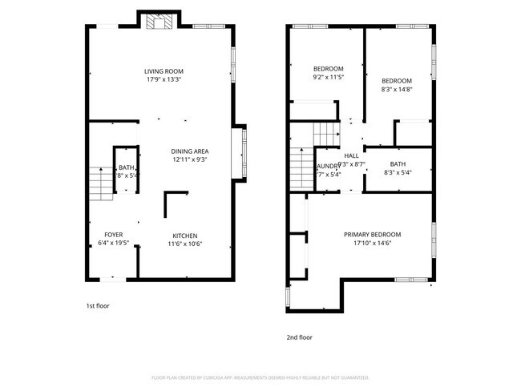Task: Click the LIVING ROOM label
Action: (x=164, y=71)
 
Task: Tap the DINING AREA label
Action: (x=190, y=151)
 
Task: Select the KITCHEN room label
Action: (x=184, y=235)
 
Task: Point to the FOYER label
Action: (x=113, y=235)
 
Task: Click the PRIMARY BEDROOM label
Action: (x=372, y=235)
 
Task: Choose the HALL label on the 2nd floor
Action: (x=352, y=155)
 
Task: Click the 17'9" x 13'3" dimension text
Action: (x=164, y=79)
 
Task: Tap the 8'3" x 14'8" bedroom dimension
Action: (x=396, y=90)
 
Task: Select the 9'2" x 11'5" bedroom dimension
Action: (x=328, y=77)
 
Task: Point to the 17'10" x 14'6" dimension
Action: (x=372, y=244)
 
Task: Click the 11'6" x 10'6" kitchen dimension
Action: (x=184, y=244)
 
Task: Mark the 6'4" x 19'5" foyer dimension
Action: (x=113, y=244)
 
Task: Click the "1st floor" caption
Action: (x=99, y=306)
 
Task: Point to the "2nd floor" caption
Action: (x=300, y=337)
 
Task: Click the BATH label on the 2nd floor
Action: (x=398, y=163)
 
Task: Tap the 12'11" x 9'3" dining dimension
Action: (x=190, y=159)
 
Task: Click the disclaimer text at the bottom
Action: (x=260, y=377)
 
